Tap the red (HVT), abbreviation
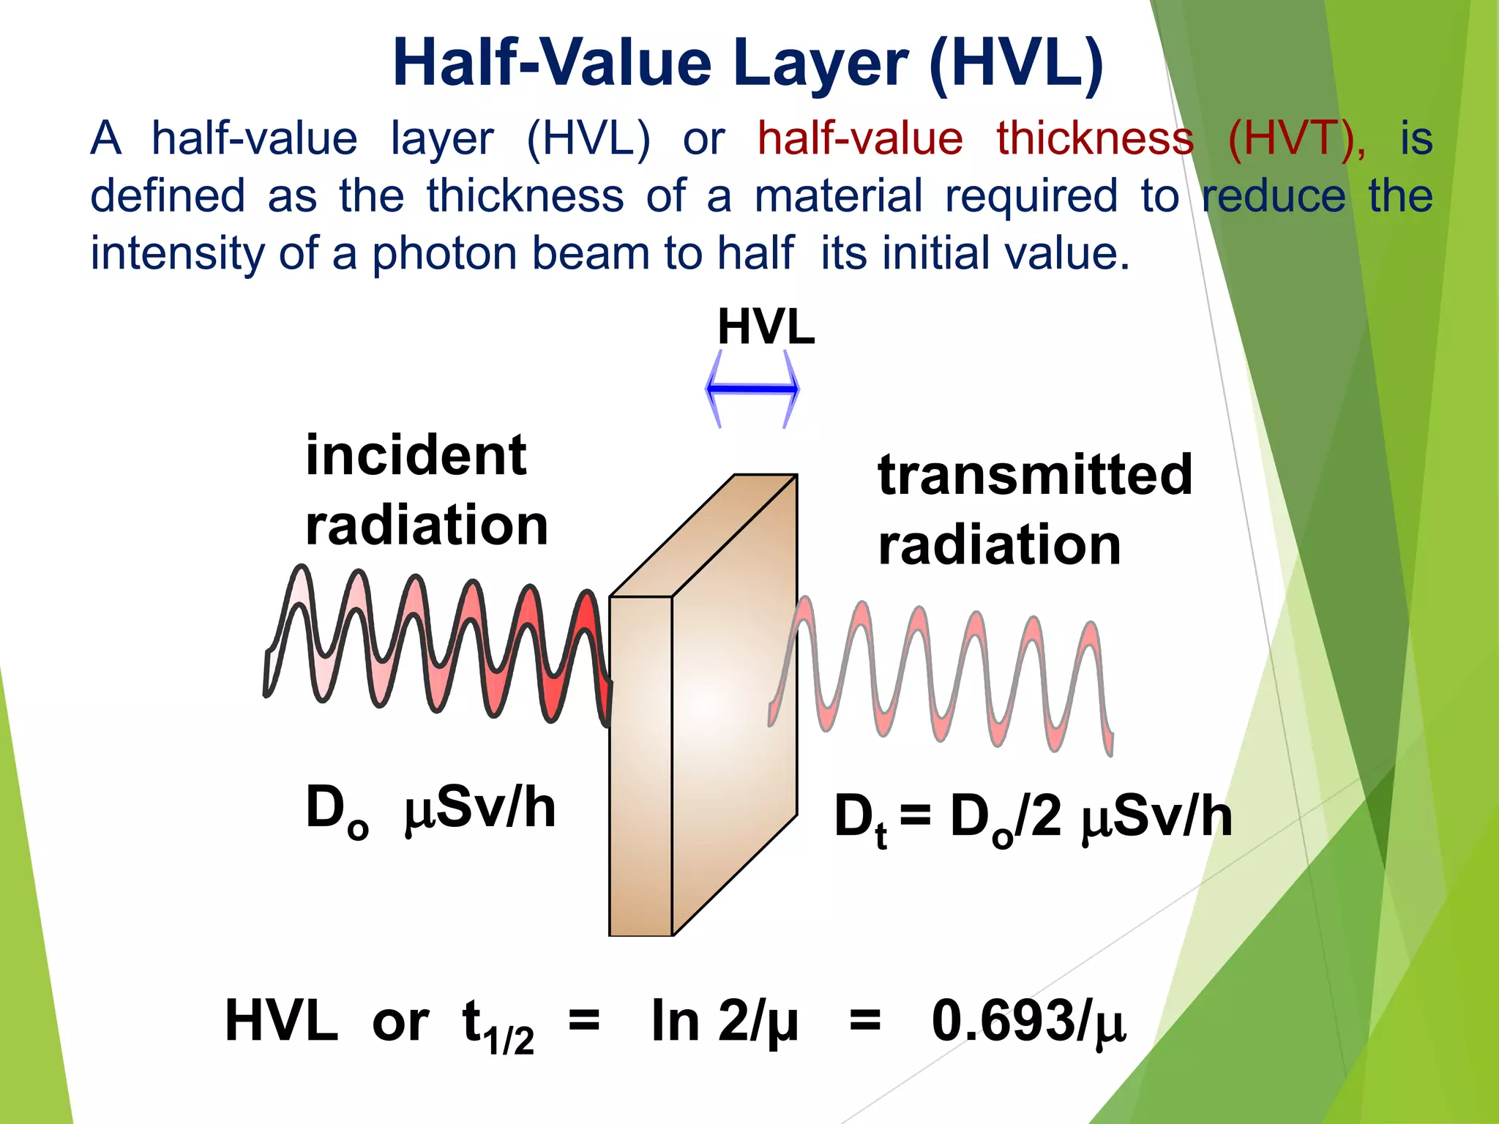point(1296,138)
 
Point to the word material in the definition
point(838,196)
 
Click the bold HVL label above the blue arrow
point(766,327)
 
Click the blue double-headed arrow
point(752,389)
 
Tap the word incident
point(416,455)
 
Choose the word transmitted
point(1035,475)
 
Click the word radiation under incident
point(427,525)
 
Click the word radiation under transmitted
point(999,545)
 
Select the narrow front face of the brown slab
point(640,765)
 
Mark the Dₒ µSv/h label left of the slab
point(430,810)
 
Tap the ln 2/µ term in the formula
point(724,1021)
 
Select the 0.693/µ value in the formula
point(1028,1021)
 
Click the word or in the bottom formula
point(400,1022)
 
